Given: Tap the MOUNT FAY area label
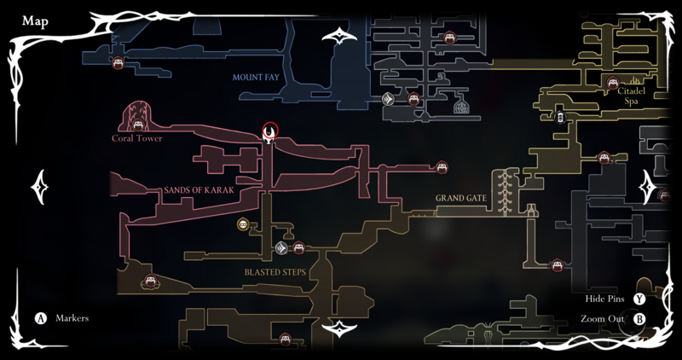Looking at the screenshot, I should (x=257, y=78).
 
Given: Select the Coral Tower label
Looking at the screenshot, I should (x=136, y=138).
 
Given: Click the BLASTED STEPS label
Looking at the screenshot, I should (x=275, y=272).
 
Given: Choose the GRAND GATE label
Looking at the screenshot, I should (x=460, y=199).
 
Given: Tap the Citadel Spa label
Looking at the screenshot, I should (x=632, y=95).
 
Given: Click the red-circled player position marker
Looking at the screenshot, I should (x=270, y=132).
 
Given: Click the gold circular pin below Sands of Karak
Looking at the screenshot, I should (x=244, y=224).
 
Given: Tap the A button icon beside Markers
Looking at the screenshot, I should (x=40, y=318).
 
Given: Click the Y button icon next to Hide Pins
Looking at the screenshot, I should (x=639, y=299).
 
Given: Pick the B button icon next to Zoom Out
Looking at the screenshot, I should (x=639, y=319).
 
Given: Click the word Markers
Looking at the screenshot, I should (x=72, y=318).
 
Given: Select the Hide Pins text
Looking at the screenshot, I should (x=605, y=299).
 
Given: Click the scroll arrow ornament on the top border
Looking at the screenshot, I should (x=340, y=37).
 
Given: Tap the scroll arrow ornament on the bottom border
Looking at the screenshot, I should (x=340, y=328).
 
